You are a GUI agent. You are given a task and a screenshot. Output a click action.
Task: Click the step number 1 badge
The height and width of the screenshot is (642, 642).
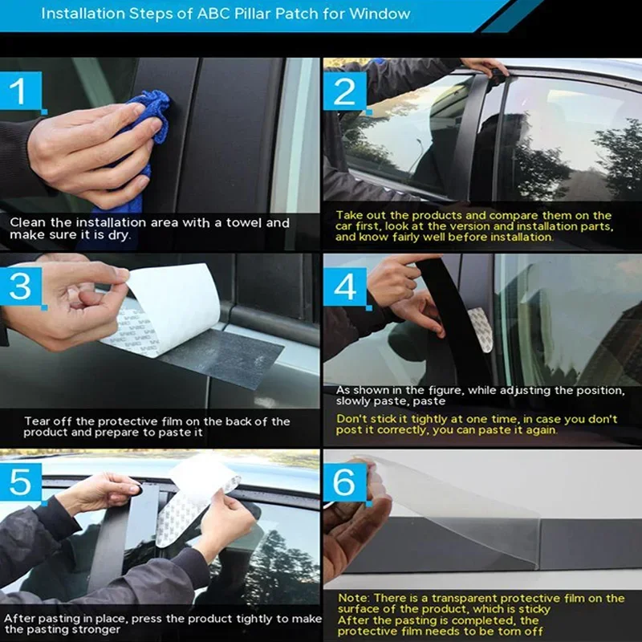[22, 91]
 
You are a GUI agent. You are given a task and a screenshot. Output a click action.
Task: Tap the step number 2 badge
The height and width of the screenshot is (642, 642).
[345, 91]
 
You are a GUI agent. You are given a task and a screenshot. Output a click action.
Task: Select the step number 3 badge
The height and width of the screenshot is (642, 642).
[22, 286]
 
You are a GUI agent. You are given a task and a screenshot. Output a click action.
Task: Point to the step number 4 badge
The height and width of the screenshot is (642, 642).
[345, 286]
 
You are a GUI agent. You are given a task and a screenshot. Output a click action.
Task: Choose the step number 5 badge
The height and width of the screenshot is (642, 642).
[22, 482]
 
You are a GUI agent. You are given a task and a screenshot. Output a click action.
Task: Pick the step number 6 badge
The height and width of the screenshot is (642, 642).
[345, 482]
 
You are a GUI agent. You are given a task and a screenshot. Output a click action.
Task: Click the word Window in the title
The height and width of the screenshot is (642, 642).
[380, 14]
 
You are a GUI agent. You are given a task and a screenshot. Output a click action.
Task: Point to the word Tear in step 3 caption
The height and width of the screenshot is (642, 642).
[37, 421]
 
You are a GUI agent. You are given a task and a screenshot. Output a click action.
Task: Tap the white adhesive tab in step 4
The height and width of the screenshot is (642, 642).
[481, 330]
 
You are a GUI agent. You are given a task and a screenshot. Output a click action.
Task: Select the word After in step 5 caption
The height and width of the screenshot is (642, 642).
[18, 618]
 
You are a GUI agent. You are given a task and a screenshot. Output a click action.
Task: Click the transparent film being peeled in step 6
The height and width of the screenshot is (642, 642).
[463, 512]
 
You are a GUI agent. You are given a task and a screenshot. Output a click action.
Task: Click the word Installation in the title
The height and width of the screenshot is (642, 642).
[83, 14]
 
